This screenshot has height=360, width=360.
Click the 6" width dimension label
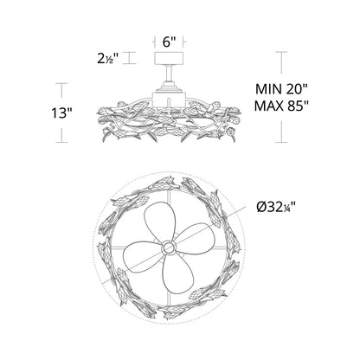click(x=169, y=42)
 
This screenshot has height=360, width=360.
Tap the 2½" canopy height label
click(x=108, y=59)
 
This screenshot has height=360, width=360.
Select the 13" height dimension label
click(x=61, y=112)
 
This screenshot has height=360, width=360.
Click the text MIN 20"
click(x=282, y=89)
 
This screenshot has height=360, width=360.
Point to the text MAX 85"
click(x=281, y=106)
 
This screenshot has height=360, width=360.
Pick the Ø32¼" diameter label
click(x=276, y=207)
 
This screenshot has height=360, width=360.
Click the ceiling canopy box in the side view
click(x=169, y=58)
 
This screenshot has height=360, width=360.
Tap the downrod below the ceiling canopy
click(x=169, y=73)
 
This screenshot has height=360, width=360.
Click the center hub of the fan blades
click(x=169, y=247)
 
